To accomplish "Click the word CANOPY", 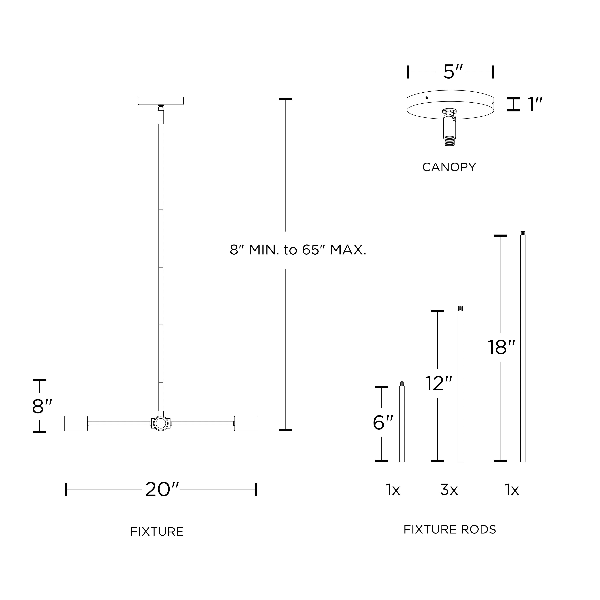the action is click(x=449, y=167).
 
